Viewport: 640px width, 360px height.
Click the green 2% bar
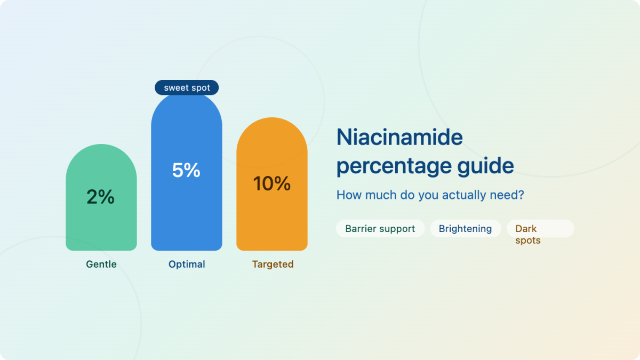101,197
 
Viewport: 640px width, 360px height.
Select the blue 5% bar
187,171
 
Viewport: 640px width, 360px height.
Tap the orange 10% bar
271,184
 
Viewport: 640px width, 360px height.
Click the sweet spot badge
187,87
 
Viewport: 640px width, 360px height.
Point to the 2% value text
101,197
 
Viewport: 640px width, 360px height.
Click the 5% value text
186,170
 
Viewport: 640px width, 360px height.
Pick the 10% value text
271,183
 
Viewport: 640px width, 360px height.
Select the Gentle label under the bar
101,265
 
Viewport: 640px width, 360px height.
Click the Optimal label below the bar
187,265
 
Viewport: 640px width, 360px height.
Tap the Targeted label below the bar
273,265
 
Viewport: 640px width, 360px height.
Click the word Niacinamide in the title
399,137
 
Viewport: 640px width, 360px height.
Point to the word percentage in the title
394,166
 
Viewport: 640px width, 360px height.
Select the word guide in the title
486,166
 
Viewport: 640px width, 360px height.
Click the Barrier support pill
380,229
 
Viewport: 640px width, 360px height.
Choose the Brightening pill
466,229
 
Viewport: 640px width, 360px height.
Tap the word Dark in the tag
526,229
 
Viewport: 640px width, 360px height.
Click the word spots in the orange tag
528,241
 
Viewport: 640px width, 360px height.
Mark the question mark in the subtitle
521,195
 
